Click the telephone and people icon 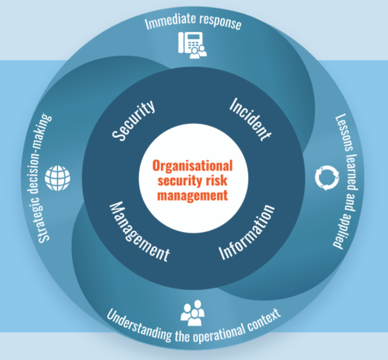click(192, 45)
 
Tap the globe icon click(57, 178)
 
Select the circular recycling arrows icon click(327, 178)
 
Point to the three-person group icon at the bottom click(193, 313)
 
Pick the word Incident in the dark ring click(250, 119)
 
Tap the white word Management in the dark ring click(139, 231)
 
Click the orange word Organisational click(192, 166)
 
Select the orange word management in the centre click(192, 196)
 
